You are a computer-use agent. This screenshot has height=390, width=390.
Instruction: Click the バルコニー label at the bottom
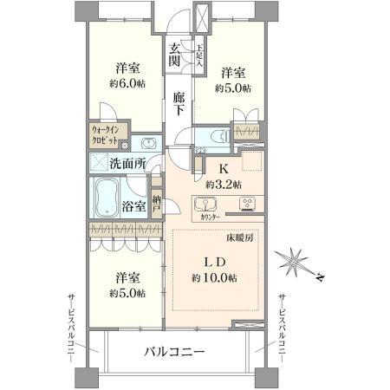tap(173, 352)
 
